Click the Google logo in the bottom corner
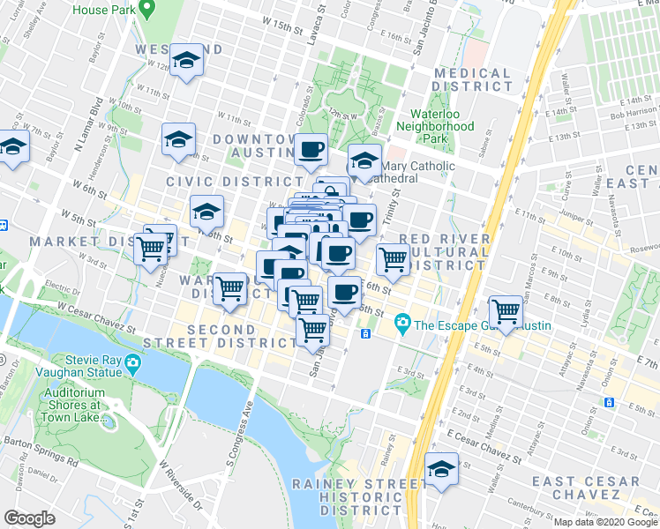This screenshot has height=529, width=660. [x=28, y=518]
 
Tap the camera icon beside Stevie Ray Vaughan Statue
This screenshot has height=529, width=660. [x=131, y=362]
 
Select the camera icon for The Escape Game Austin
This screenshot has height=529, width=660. [x=403, y=324]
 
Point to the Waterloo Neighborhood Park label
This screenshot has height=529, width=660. [x=442, y=126]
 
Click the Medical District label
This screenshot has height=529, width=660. [x=473, y=80]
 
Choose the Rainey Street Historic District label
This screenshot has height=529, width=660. [x=349, y=497]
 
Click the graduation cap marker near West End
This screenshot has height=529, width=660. [x=185, y=61]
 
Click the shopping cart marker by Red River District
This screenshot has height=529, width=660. [x=393, y=259]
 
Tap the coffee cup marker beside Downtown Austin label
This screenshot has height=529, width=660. [x=311, y=149]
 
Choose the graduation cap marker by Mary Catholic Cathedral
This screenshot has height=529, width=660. [x=364, y=162]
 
